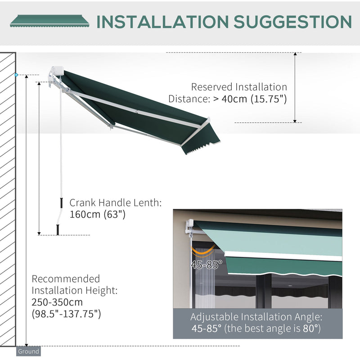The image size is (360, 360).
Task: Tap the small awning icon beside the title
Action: [49, 21]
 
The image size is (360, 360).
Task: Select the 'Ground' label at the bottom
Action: [28, 351]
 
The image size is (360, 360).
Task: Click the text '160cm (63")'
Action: [97, 215]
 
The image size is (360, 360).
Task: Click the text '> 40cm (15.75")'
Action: [248, 99]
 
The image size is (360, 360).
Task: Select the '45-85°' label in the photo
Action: [206, 265]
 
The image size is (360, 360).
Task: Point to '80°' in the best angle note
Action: [310, 328]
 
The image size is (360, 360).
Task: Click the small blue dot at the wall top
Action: [16, 75]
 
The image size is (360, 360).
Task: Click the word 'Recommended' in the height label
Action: [66, 279]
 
